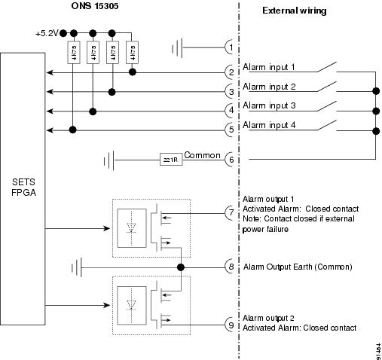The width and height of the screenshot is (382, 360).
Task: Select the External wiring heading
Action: (294, 11)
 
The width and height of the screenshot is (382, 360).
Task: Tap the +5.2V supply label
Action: (47, 34)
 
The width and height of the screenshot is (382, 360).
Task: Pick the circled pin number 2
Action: (231, 72)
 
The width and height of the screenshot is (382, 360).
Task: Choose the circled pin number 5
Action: (231, 130)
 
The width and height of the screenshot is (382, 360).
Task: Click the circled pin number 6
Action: (231, 160)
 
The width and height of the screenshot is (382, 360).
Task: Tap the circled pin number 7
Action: (231, 213)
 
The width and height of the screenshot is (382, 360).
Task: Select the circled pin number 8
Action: (231, 267)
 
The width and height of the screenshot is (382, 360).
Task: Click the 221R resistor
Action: (170, 160)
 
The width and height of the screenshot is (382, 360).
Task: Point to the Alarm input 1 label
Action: (269, 67)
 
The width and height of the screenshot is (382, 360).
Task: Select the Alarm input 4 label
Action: (269, 124)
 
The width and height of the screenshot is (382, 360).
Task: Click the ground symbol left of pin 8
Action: (77, 267)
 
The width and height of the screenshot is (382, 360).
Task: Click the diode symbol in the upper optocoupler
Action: (133, 226)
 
